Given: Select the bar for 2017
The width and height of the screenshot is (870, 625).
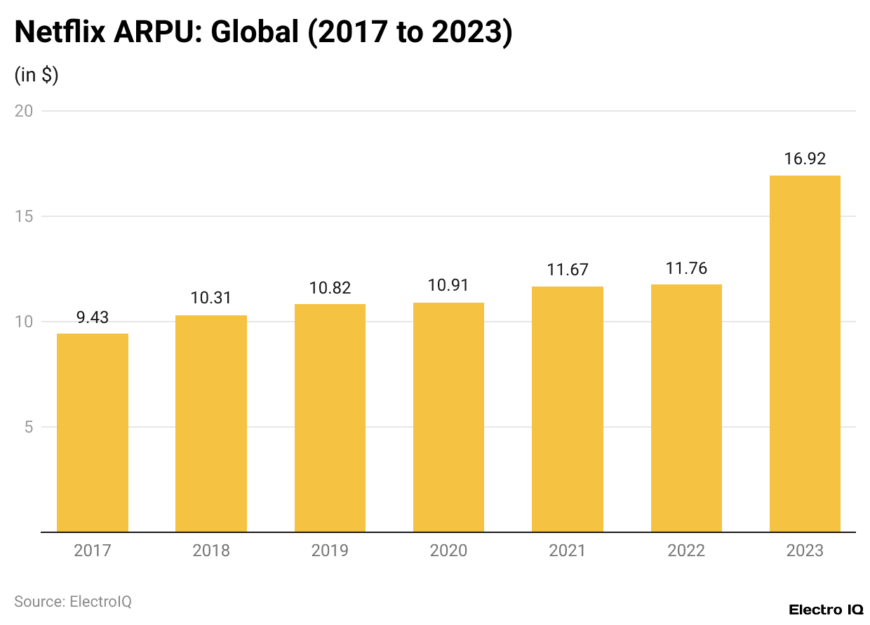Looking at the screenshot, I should [92, 433].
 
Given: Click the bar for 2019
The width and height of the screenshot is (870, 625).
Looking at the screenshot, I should [330, 418].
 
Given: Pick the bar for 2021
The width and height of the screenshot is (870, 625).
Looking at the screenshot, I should [567, 409].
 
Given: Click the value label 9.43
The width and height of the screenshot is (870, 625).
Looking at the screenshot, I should [92, 317].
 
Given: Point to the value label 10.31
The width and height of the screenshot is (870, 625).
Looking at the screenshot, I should [210, 298].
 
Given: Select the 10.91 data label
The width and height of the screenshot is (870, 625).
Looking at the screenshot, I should [448, 286].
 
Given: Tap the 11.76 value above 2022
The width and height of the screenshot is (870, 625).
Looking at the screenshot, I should [686, 268].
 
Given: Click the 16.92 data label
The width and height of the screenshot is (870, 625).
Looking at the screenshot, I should [805, 159].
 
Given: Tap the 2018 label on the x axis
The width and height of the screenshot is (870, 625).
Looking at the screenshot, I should [210, 551].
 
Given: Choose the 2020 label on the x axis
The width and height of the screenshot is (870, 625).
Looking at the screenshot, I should [448, 551].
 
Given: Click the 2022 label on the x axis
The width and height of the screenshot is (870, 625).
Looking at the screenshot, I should [686, 551].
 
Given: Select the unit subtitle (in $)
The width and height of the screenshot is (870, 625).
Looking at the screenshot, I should [36, 75].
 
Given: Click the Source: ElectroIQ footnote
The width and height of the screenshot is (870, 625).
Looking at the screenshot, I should [73, 602].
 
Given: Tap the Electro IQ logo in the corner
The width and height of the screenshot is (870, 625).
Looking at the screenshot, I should [826, 609].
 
